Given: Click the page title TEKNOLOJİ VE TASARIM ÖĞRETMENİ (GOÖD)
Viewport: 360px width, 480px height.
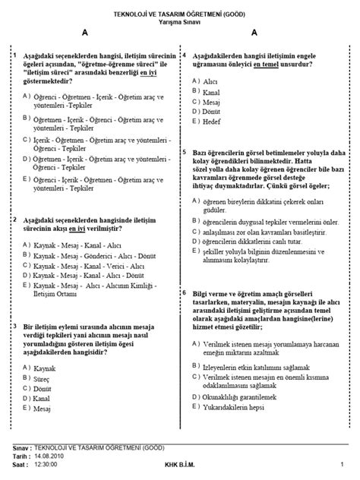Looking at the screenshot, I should coord(180,14).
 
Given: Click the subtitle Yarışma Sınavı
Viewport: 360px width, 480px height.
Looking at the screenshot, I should coord(180,22).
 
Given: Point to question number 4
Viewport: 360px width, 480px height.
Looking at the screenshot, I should coord(185,56).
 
